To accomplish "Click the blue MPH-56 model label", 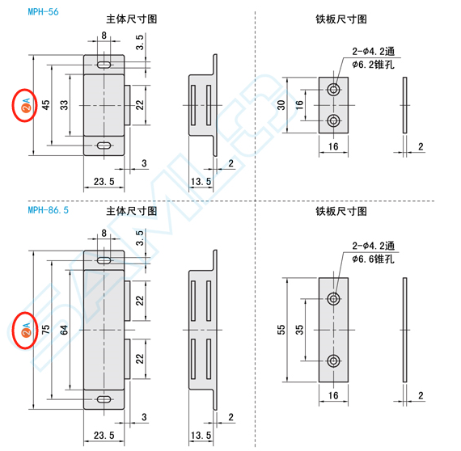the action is pos(43,12).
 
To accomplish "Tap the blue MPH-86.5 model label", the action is pos(49,210).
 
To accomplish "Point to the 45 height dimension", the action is pos(46,105).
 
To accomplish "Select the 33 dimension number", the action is pos(64,105).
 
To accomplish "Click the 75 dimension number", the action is pos(46,330).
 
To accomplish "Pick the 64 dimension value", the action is pos(64,330).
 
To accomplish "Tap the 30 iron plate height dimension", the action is pos(281,105).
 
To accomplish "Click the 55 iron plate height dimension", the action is pos(281,330).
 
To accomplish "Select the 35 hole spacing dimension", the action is pos(299,330).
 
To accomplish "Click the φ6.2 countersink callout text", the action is pos(373,65).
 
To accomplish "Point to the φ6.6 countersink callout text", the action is pos(373,259).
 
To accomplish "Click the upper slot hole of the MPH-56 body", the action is pos(104,65).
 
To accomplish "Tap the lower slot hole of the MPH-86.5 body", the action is pos(104,399).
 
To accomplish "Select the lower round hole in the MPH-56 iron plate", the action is pos(333,120).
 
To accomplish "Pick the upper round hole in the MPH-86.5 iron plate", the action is pos(333,299).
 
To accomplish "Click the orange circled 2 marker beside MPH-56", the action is pos(26,108).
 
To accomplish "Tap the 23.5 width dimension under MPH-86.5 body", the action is pos(104,435).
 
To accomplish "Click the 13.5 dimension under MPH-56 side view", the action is pos(201,182).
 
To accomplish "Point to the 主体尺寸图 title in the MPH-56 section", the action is pos(131,19).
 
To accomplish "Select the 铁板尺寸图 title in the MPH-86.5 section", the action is pos(341,211).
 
